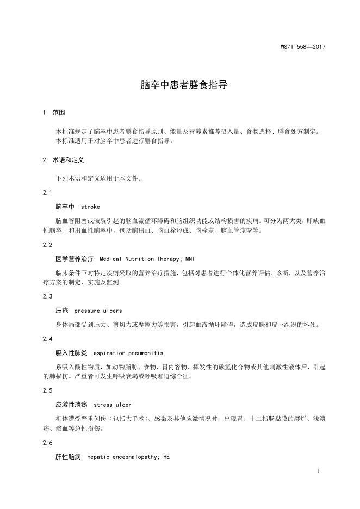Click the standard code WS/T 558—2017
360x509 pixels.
(302, 47)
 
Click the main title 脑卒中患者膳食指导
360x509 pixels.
(179, 85)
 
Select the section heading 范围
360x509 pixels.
(59, 113)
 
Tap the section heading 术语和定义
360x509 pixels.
(68, 160)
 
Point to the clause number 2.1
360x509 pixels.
(47, 193)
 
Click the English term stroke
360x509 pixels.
(90, 207)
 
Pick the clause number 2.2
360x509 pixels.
(47, 245)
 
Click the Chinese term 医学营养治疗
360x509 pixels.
(75, 259)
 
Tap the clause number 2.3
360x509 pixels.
(47, 296)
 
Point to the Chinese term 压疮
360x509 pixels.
(61, 311)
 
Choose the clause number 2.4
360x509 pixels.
(47, 339)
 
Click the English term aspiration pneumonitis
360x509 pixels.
(128, 353)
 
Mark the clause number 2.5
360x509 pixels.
(47, 391)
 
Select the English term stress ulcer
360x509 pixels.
(113, 405)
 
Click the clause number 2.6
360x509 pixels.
(47, 443)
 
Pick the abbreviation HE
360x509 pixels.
(166, 457)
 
